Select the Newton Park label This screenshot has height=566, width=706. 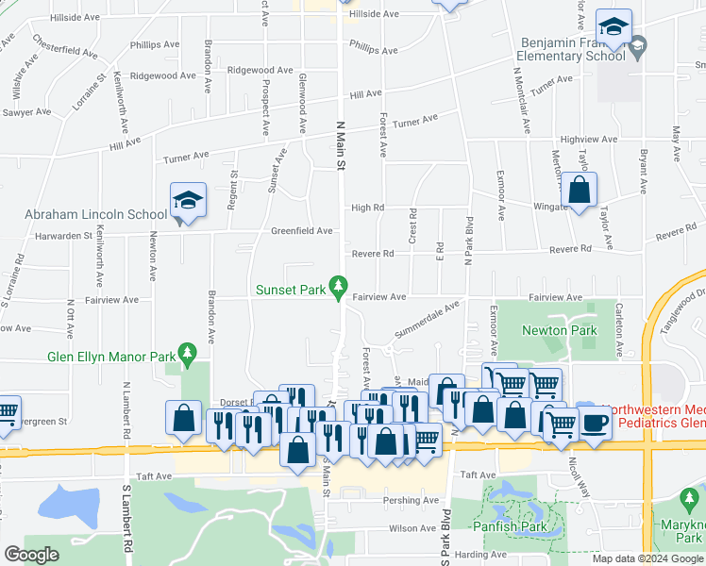pyautogui.click(x=559, y=330)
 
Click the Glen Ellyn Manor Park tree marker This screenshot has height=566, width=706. pyautogui.click(x=188, y=356)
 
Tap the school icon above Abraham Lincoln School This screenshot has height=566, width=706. pyautogui.click(x=188, y=201)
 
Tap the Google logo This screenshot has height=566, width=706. pyautogui.click(x=31, y=555)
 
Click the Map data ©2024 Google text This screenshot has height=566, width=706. pyautogui.click(x=647, y=558)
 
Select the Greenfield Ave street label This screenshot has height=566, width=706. pyautogui.click(x=301, y=230)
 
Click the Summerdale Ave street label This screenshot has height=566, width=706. pyautogui.click(x=427, y=319)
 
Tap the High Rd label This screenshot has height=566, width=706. pyautogui.click(x=367, y=208)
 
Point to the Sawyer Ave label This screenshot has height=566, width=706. pyautogui.click(x=25, y=112)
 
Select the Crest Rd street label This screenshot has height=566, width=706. pyautogui.click(x=412, y=227)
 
